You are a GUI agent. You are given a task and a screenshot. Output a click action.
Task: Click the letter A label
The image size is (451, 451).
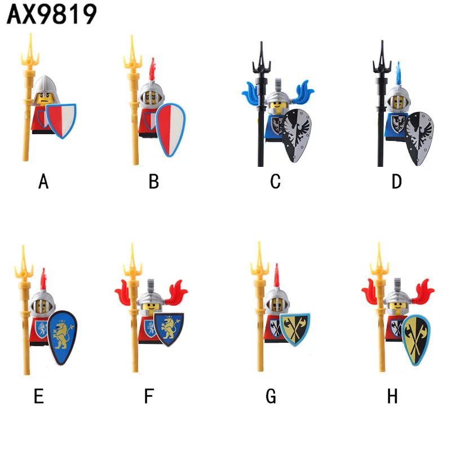click(x=43, y=182)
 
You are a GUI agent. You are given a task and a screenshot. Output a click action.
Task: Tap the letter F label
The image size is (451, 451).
click(x=149, y=396)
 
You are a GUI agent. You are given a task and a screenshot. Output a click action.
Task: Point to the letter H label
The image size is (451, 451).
click(x=392, y=396)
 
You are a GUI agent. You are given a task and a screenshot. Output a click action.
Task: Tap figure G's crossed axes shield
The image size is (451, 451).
click(x=294, y=329)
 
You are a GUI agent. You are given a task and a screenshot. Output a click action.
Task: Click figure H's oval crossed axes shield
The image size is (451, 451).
click(x=416, y=338)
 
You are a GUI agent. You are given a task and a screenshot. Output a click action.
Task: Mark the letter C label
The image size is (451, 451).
click(x=275, y=182)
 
